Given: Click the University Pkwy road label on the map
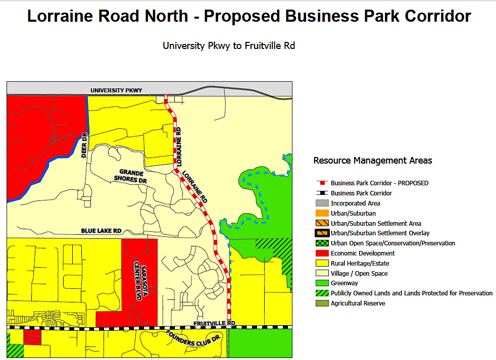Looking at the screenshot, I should pyautogui.click(x=116, y=90).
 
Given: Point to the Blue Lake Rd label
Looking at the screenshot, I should pyautogui.click(x=101, y=231).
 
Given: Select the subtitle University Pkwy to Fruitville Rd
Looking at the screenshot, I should pyautogui.click(x=228, y=46).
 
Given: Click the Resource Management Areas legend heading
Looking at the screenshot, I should pyautogui.click(x=373, y=161).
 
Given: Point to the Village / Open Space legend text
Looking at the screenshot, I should pyautogui.click(x=359, y=273).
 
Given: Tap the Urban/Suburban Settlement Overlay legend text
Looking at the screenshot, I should pyautogui.click(x=380, y=233).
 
